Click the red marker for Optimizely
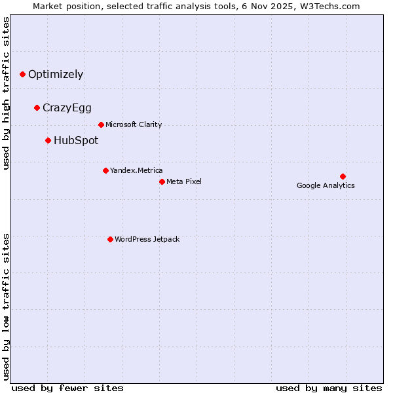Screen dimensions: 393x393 point(22,75)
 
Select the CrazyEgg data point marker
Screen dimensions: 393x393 point(37,108)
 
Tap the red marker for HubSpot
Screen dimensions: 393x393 point(48,140)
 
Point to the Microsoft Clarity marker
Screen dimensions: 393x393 point(101,124)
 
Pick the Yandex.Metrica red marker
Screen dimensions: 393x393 point(105,170)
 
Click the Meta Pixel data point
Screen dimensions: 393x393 point(162,181)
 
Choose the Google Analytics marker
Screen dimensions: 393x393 point(343,176)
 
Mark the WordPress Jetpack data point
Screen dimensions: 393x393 point(110,239)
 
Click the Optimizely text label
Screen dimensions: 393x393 point(56,75)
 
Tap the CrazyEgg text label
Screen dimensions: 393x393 point(67,108)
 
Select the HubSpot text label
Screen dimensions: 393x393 point(76,140)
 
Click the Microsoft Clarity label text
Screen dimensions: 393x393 point(134,124)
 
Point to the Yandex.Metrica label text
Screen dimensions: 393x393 point(136,170)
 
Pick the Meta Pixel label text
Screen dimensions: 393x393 point(184,181)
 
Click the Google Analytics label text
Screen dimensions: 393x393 point(326,185)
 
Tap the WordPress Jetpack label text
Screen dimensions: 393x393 point(147,239)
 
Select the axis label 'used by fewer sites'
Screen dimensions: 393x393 point(67,388)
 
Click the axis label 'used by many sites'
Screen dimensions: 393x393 point(329,388)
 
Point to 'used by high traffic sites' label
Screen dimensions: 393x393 point(7,93)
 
